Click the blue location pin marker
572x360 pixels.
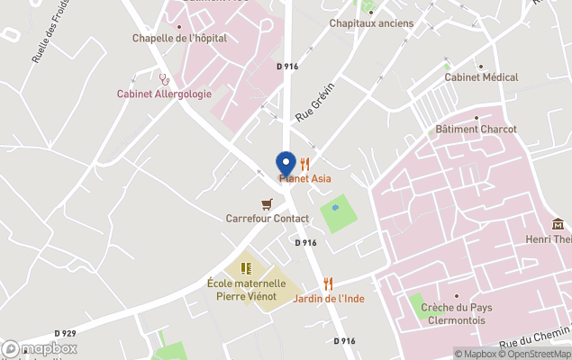(285, 165)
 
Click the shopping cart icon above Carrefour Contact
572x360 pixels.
(267, 204)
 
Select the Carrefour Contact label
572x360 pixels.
(267, 219)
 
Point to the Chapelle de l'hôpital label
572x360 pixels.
(179, 38)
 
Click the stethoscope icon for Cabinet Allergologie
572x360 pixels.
(165, 79)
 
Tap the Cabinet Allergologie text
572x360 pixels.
(164, 94)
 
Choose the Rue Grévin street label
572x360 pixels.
(314, 103)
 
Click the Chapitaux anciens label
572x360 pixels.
(371, 22)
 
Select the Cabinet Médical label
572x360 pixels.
(481, 77)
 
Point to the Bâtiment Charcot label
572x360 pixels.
(476, 129)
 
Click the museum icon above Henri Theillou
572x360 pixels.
(558, 224)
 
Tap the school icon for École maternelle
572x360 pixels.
(246, 267)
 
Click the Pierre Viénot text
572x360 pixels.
(246, 296)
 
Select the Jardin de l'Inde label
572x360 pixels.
(329, 298)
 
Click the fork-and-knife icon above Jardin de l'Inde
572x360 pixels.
(329, 283)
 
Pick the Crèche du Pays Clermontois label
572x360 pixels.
(455, 313)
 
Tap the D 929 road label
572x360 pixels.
(65, 333)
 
